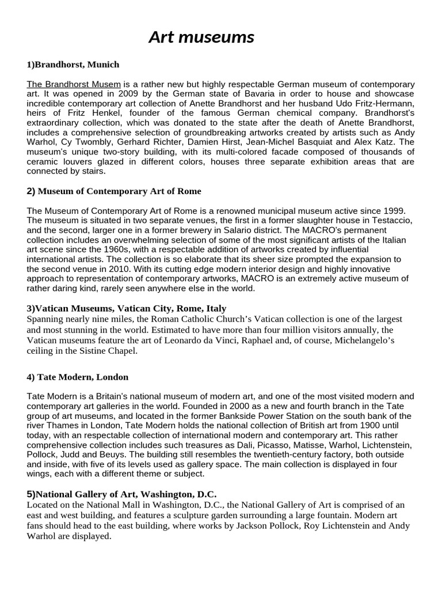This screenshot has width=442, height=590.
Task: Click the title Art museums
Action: [201, 37]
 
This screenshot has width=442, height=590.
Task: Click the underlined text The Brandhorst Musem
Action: [74, 85]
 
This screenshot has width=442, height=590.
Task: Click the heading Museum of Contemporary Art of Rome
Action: [119, 191]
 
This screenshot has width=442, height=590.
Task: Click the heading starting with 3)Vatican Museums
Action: [127, 308]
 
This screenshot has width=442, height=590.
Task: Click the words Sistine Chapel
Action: [109, 350]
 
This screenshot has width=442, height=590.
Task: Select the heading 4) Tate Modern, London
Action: [78, 377]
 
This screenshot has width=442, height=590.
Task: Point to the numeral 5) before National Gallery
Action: [31, 494]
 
